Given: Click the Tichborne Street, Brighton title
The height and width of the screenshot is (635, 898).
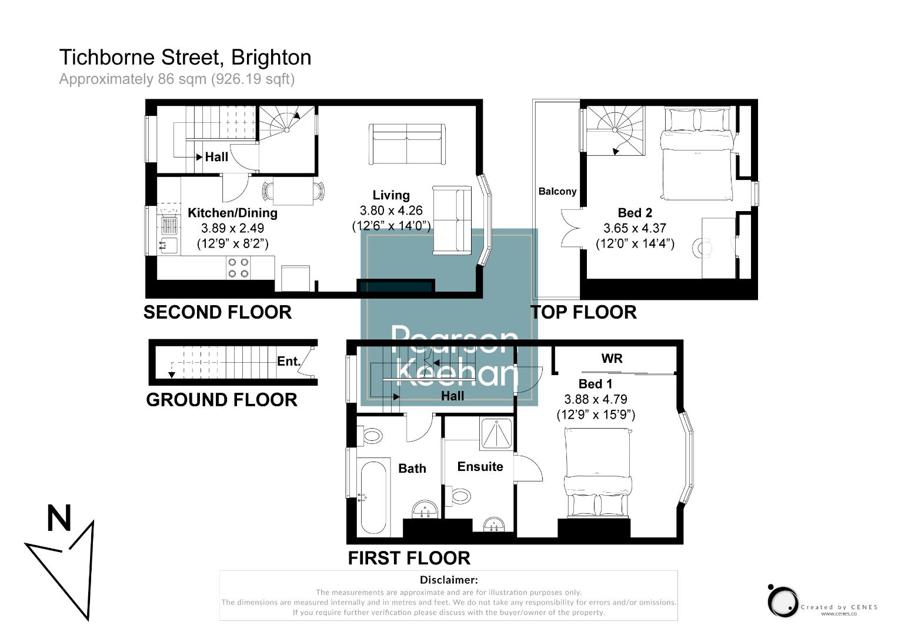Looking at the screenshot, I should click(185, 58).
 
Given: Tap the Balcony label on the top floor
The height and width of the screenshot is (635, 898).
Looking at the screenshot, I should click(557, 191).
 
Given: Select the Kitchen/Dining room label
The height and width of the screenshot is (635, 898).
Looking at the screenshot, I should click(232, 213).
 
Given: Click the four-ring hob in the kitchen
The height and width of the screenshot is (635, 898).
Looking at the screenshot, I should click(238, 268).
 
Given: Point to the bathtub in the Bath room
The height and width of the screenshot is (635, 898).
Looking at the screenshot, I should click(373, 497).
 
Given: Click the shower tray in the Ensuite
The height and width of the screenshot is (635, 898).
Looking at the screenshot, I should click(497, 435).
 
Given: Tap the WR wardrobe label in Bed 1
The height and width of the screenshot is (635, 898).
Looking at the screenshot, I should click(612, 359).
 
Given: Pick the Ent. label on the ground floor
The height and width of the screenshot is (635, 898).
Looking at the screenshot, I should click(289, 361).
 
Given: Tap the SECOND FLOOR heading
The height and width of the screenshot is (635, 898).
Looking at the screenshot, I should click(218, 312).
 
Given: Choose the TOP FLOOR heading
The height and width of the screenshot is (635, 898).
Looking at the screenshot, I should click(584, 312).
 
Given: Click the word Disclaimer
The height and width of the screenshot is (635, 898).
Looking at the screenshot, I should click(449, 580).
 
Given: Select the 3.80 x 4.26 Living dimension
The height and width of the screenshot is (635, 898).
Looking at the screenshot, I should click(391, 210).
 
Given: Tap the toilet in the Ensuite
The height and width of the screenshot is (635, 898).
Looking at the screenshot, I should click(461, 496).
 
